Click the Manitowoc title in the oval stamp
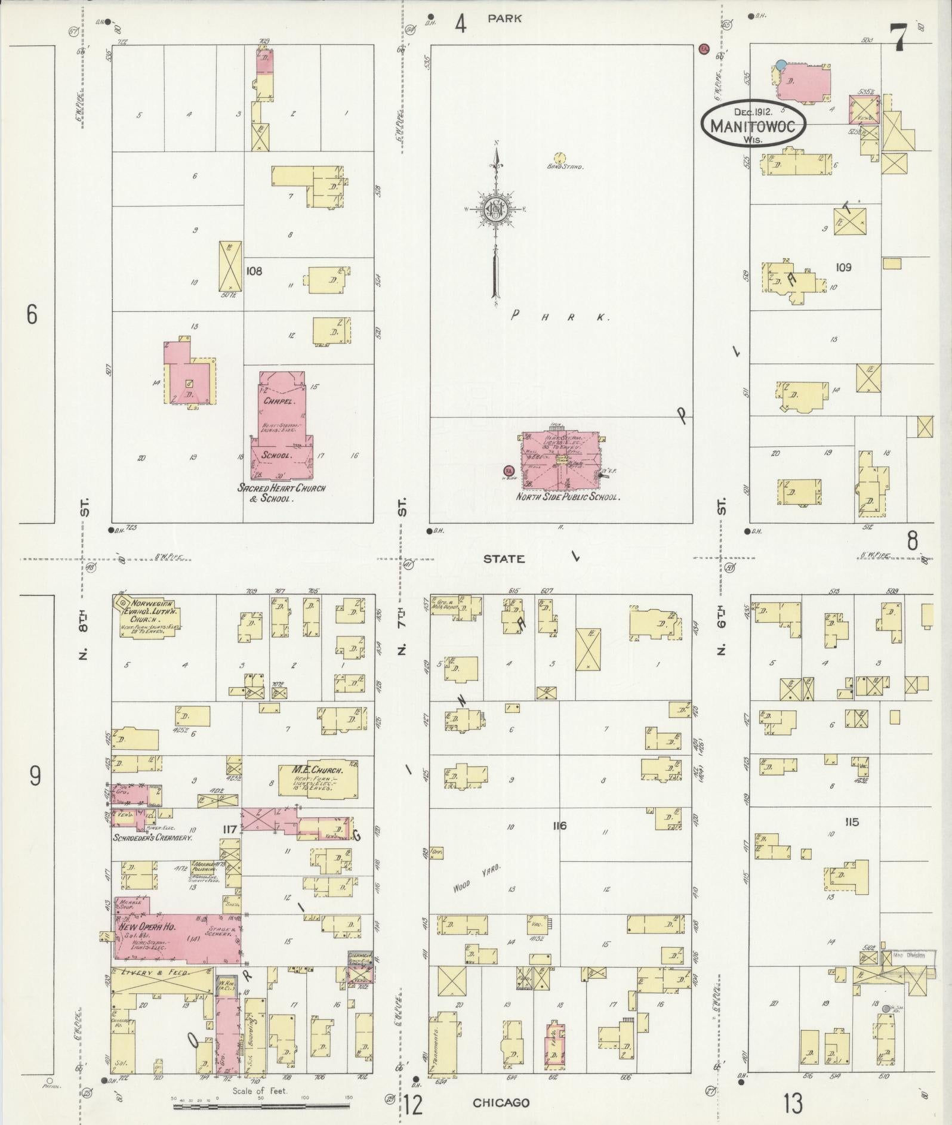tap(753, 126)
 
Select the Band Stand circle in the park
tap(559, 157)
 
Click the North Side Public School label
tap(568, 496)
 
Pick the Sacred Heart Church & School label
tap(282, 493)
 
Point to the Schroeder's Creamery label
tap(153, 837)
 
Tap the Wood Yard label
tap(476, 878)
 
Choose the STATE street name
tap(504, 559)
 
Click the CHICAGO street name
tap(501, 1102)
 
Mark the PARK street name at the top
tap(504, 18)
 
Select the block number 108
tap(254, 271)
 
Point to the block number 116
tap(559, 826)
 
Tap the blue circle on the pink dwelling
tap(781, 64)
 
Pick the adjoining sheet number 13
tap(793, 1104)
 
